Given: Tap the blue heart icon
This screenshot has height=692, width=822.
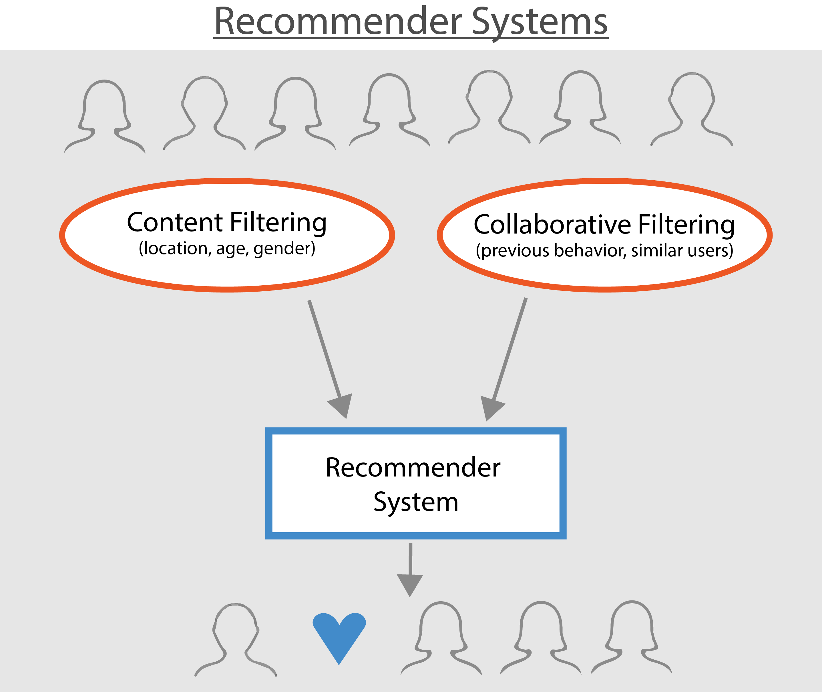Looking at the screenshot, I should coord(339,636).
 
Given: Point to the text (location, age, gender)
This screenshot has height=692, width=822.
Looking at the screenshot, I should coord(227,248).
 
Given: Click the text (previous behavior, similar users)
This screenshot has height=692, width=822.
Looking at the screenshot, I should coord(604,250).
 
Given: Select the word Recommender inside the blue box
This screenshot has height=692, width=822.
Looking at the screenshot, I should coord(413,468).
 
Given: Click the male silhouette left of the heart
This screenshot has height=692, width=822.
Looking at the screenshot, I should coord(236,639).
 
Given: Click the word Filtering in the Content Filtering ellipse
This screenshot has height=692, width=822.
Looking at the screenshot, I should coord(278,222).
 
